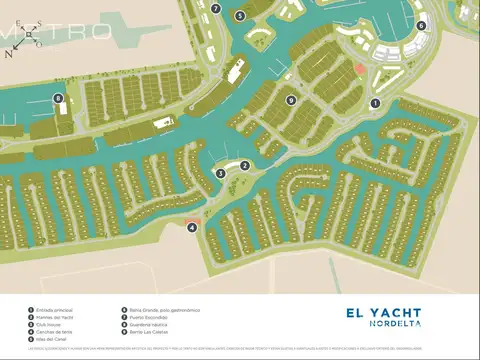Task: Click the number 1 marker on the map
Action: coord(376,103)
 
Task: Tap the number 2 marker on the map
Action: coord(245,166)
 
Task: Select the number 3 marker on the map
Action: coord(220,173)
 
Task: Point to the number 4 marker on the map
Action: coord(191,227)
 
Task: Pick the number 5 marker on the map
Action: coord(239,16)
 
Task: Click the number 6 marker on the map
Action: coord(421,26)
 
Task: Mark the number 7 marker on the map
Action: coord(216,8)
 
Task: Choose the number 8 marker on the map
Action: coord(59,98)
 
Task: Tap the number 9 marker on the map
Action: coord(290,100)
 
